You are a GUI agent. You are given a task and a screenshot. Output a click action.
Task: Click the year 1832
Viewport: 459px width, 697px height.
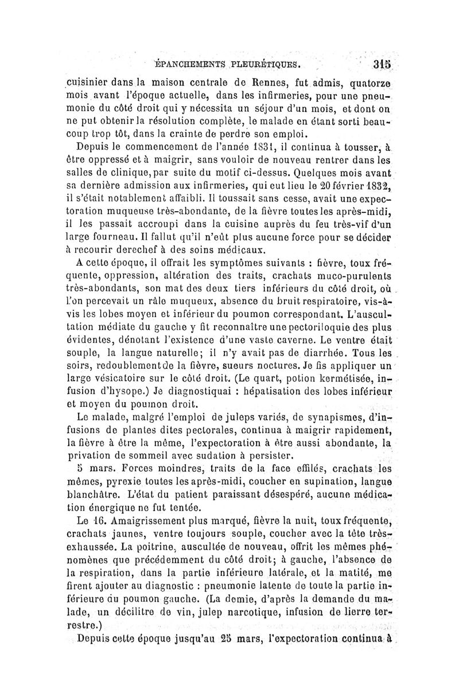point(373,184)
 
